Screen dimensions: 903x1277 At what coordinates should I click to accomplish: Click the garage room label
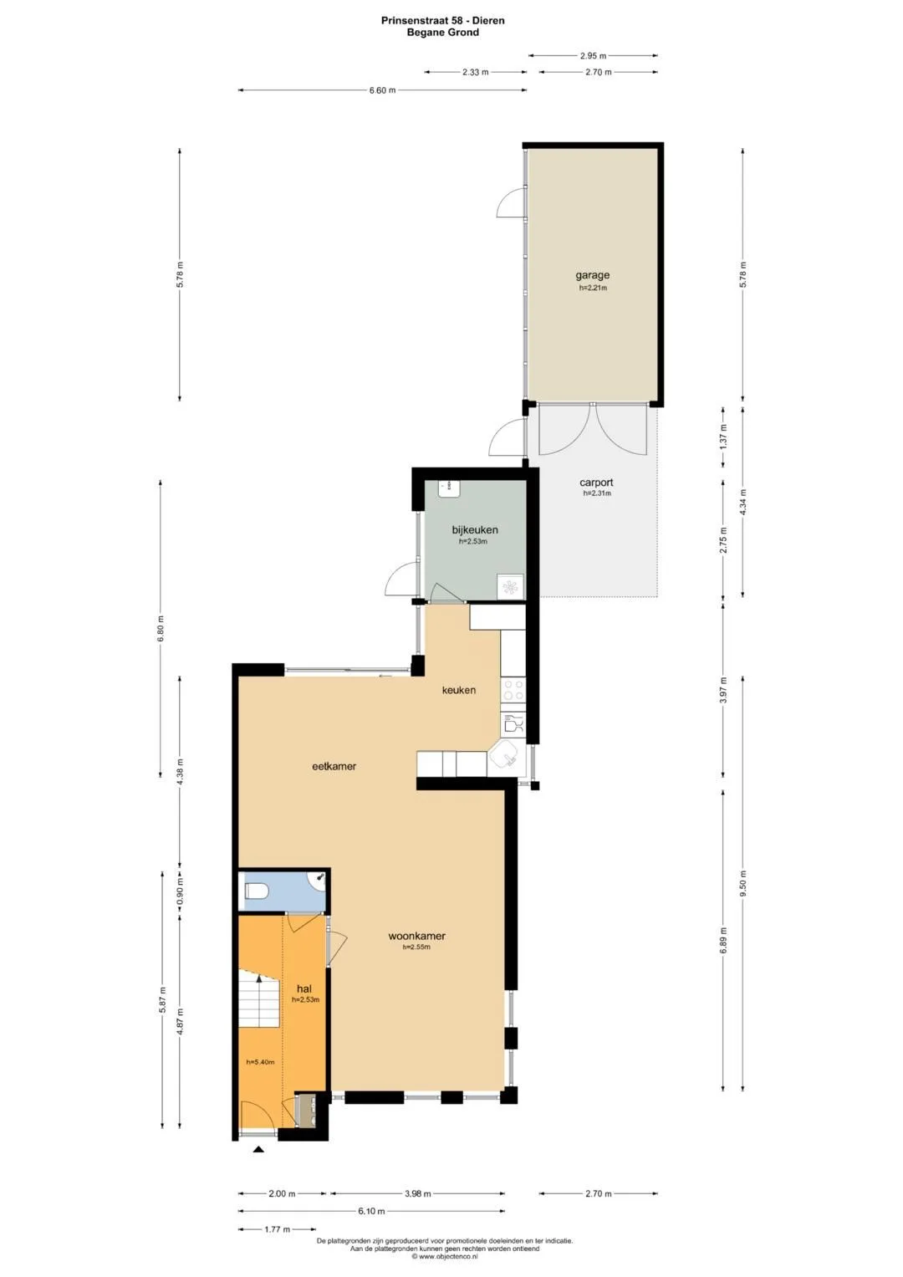pos(592,275)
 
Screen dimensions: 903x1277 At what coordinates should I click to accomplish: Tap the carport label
pos(596,483)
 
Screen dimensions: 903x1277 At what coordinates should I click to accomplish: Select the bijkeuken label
pos(475,529)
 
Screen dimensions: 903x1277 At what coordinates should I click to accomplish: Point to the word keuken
pos(459,690)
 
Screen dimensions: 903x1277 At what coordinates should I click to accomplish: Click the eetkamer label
pos(334,766)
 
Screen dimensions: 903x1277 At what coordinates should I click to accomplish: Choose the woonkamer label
pos(416,936)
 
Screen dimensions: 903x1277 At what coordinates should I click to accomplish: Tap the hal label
pos(304,989)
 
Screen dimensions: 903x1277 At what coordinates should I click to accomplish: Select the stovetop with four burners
pos(513,690)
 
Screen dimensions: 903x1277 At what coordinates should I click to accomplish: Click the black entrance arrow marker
pos(259,1150)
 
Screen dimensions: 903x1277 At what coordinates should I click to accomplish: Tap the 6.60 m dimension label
pos(382,90)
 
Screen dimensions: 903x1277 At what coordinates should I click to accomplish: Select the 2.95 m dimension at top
pos(593,56)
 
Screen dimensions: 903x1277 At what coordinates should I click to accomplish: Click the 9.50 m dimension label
pos(742,884)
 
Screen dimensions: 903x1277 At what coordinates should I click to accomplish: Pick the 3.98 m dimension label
pos(417,1193)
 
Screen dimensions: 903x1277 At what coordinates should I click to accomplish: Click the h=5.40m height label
pos(261,1062)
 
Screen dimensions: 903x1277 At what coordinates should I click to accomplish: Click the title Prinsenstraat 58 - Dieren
pos(442,21)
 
